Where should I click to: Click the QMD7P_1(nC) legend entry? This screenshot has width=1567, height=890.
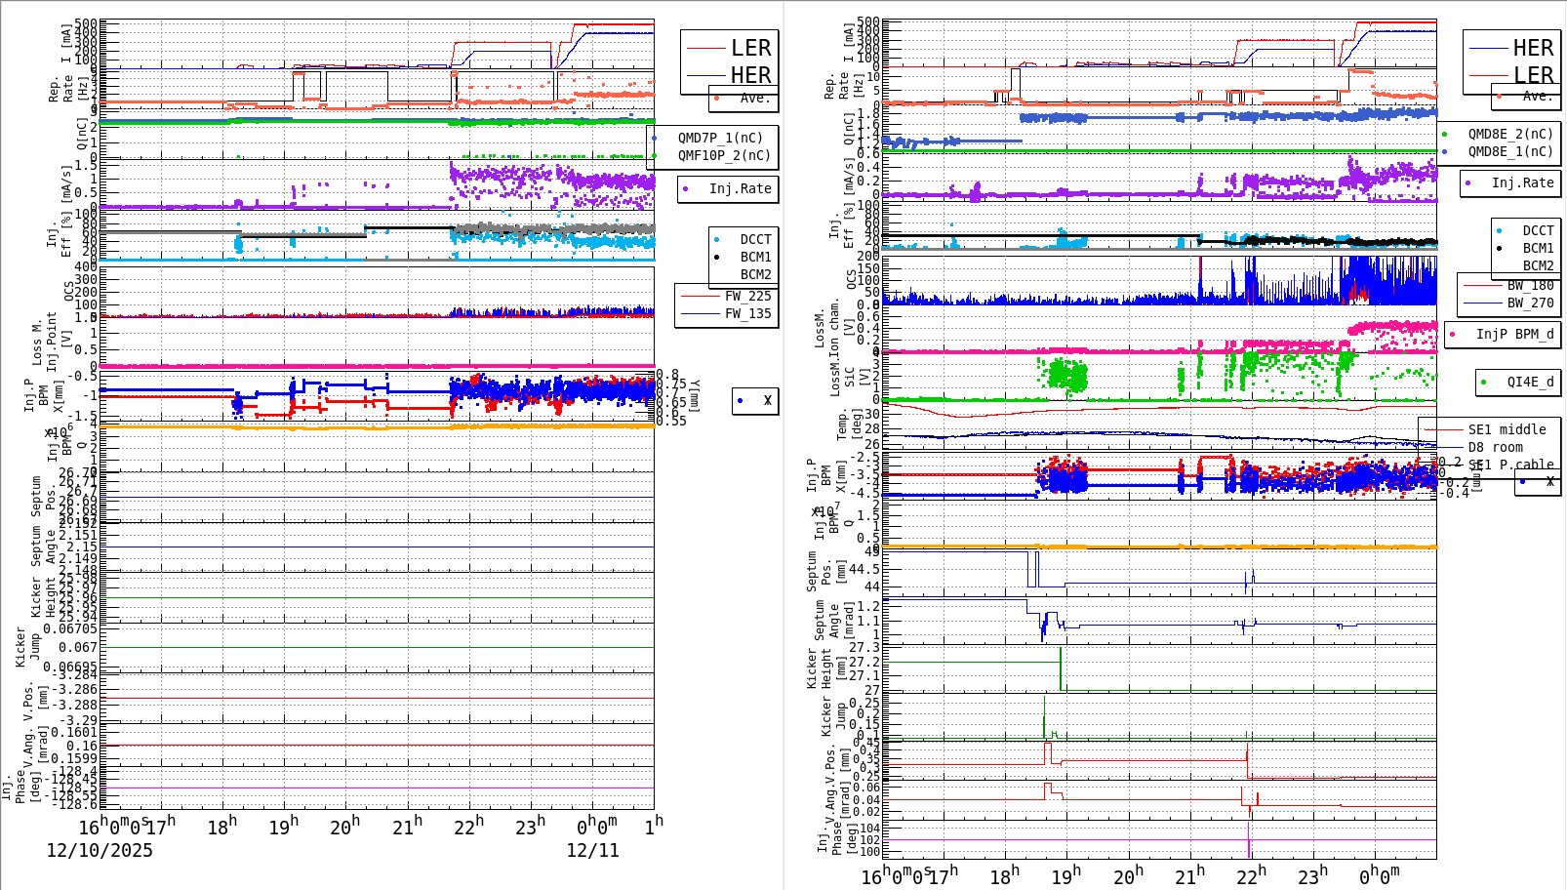720,138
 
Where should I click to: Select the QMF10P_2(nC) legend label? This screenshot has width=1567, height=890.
724,155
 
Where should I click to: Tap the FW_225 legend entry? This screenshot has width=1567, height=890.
747,296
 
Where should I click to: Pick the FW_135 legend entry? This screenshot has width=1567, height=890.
747,313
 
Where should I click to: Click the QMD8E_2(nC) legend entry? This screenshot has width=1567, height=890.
1509,134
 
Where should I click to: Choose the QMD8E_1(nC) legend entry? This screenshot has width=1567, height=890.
1509,151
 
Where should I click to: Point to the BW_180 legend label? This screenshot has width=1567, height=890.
1530,285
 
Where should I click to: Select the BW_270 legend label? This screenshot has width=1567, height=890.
1530,303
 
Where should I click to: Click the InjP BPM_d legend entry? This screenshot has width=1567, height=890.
1514,334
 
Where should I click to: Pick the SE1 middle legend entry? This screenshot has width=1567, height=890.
1507,429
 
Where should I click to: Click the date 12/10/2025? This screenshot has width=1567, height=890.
100,850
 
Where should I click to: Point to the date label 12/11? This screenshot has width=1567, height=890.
592,850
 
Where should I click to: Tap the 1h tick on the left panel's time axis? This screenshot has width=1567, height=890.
654,824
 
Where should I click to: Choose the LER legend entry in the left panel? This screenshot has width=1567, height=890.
750,48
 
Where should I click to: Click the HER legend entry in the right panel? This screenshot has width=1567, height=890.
1532,48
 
